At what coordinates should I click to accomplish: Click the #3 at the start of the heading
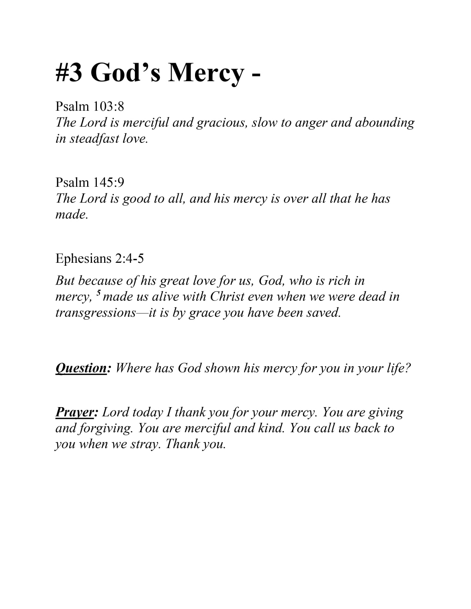click(69, 72)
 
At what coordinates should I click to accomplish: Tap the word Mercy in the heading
click(206, 72)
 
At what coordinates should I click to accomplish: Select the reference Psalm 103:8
click(90, 106)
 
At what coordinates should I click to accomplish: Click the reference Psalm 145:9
click(90, 182)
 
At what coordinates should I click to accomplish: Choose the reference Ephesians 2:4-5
click(99, 258)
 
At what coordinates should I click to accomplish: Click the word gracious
click(221, 122)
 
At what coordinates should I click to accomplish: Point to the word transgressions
click(96, 313)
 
